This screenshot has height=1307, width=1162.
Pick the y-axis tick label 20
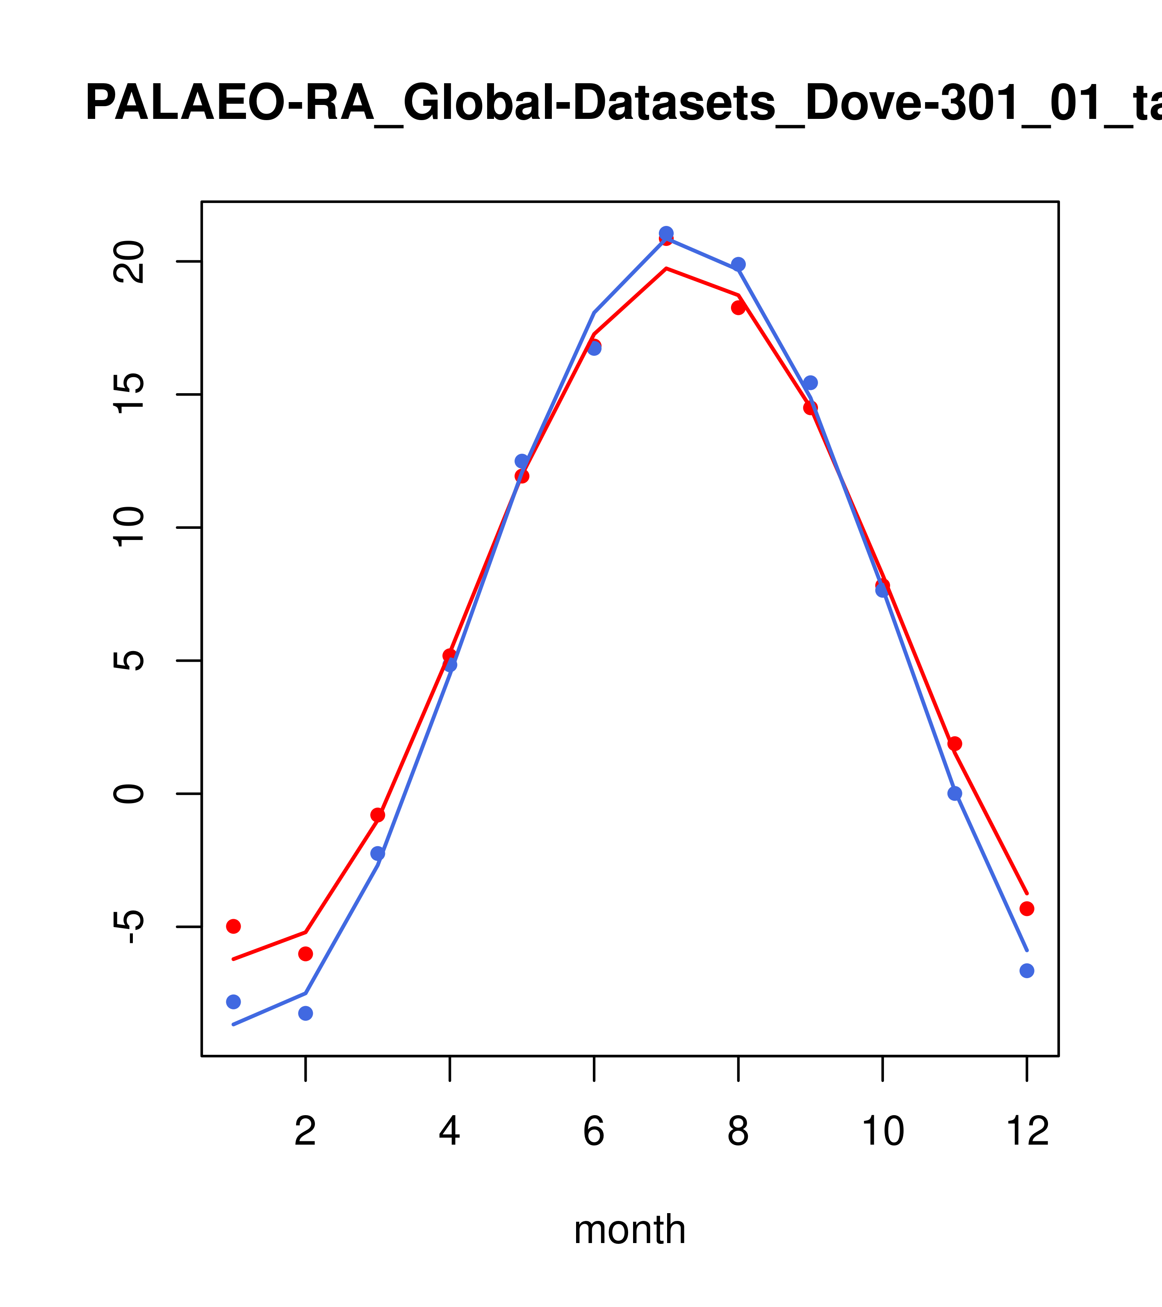[x=130, y=262]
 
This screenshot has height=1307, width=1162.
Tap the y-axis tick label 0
[x=130, y=794]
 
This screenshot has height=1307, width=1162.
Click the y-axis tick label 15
[x=130, y=394]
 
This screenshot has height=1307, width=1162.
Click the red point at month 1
[x=233, y=926]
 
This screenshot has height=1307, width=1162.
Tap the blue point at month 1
[x=233, y=1001]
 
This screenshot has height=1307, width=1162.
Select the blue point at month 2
[x=306, y=1013]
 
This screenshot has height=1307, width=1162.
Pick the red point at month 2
[x=306, y=953]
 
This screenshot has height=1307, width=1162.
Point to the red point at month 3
[x=378, y=815]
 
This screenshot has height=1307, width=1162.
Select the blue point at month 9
[x=810, y=383]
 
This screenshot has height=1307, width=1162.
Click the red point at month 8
[x=738, y=307]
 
